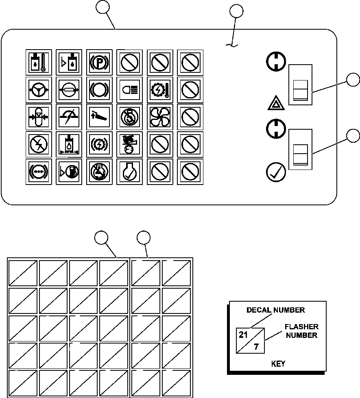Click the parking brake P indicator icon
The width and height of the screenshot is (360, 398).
click(x=99, y=63)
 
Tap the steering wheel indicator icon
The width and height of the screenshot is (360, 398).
click(x=39, y=90)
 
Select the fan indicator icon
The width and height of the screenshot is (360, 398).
click(x=160, y=117)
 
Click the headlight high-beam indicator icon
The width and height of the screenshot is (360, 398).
click(x=130, y=90)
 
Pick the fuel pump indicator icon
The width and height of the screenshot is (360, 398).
click(x=69, y=172)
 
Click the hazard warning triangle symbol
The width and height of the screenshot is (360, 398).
click(x=276, y=103)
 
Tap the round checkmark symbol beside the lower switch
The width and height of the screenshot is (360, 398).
click(x=276, y=172)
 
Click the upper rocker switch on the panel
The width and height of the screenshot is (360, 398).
click(x=300, y=85)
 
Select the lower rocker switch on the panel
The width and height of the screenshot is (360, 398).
click(x=300, y=149)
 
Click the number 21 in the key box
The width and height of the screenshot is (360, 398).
click(x=243, y=335)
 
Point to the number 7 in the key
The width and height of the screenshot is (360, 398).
click(x=256, y=346)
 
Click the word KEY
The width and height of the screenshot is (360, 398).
click(x=278, y=364)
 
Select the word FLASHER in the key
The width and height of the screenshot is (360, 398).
click(x=301, y=327)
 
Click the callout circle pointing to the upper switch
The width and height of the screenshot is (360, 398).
click(x=353, y=80)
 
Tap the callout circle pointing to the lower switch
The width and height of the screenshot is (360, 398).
click(x=353, y=136)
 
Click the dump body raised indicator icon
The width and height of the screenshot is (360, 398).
click(x=99, y=117)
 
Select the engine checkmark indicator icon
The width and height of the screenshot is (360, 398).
click(x=130, y=172)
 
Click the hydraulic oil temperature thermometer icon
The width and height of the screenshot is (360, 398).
click(x=39, y=63)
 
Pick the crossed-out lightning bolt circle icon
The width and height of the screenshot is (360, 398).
click(x=39, y=144)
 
